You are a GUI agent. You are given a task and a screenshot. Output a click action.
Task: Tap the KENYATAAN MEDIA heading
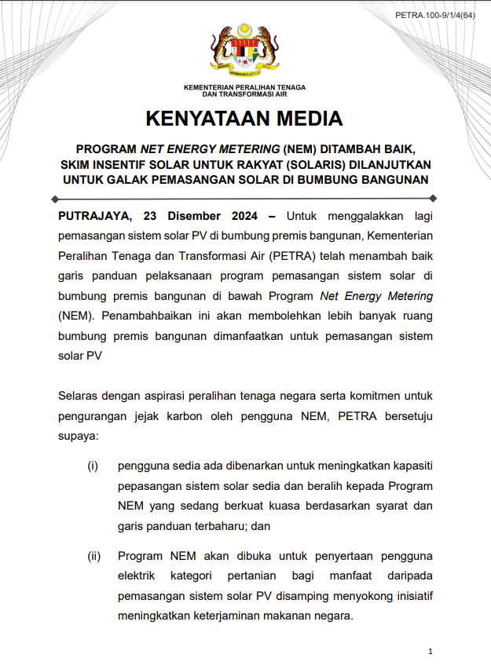click(x=244, y=119)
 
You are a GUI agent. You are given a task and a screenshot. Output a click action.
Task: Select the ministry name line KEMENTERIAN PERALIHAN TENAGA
click(x=244, y=86)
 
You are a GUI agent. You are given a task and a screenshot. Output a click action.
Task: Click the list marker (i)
click(x=93, y=466)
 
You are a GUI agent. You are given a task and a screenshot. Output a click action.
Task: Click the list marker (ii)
click(x=94, y=556)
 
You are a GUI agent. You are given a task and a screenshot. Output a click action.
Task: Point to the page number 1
click(x=431, y=651)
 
